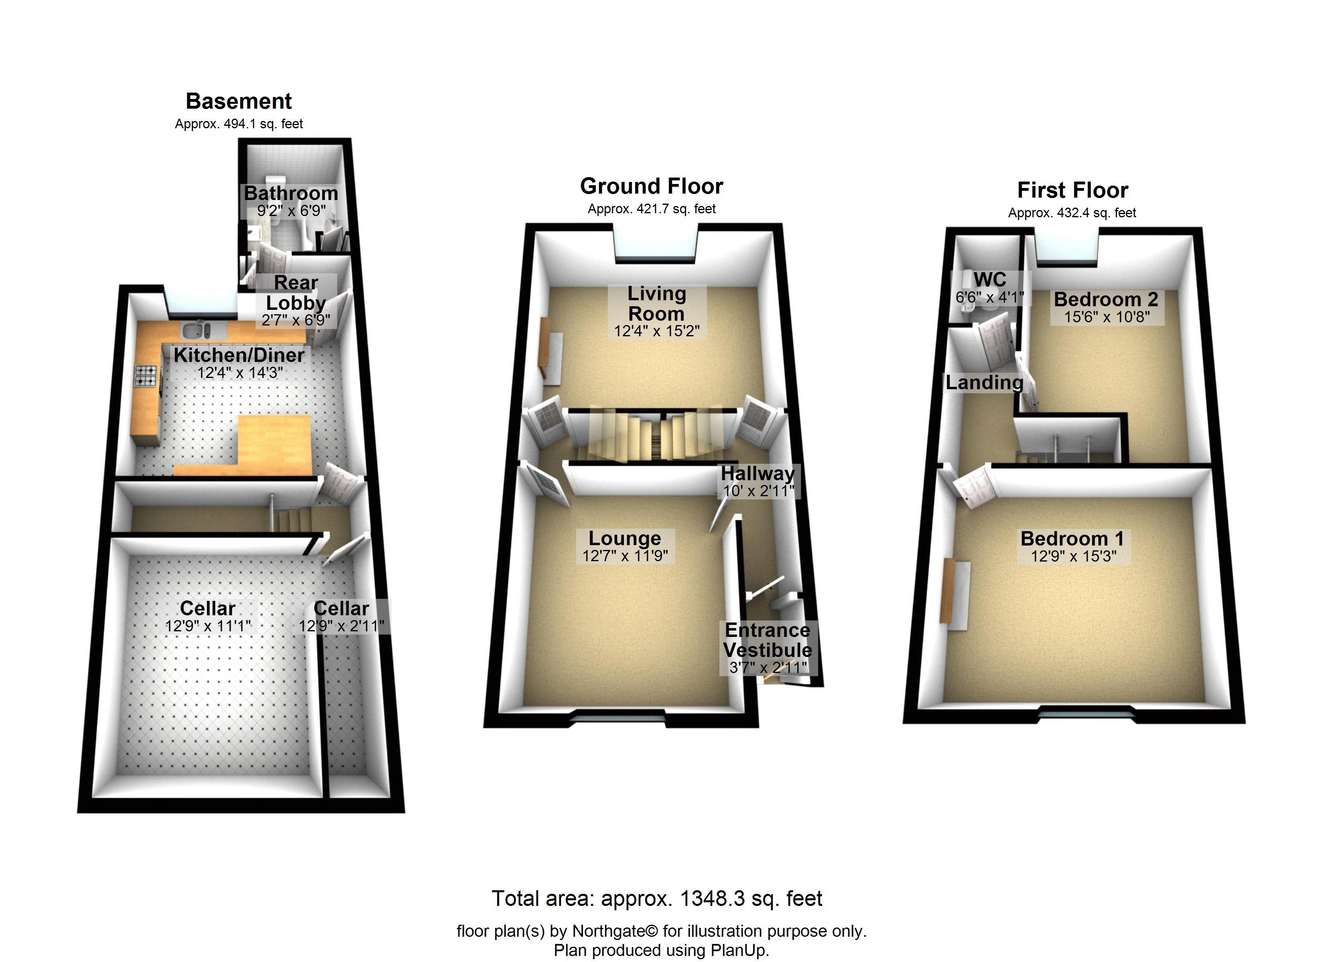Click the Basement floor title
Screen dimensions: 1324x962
[x=238, y=101]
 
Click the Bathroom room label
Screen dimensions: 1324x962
[x=291, y=193]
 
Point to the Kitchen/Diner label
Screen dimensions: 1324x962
[x=239, y=355]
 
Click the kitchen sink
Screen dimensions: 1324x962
[x=195, y=331]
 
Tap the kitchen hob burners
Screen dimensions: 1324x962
[x=146, y=376]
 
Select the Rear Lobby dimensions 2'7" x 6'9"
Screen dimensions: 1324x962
[x=295, y=320]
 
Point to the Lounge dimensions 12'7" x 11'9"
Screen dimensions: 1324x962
[x=625, y=556]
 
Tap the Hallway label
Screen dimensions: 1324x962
[x=758, y=473]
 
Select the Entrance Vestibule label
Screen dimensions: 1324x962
[x=767, y=640]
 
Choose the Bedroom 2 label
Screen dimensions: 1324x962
[x=1106, y=299]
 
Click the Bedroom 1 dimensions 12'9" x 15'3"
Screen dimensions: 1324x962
[x=1073, y=556]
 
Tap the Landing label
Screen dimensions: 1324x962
[x=984, y=383]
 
